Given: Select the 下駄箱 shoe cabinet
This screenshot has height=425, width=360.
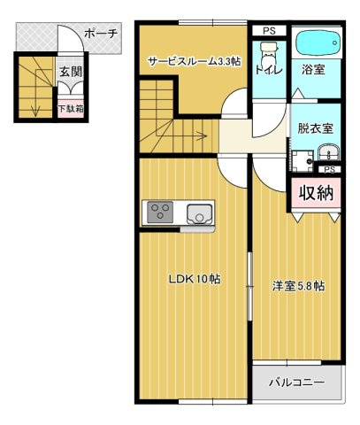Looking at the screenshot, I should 71,109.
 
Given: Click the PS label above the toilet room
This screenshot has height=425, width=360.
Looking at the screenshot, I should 268,30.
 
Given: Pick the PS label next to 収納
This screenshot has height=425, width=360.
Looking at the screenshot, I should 329,168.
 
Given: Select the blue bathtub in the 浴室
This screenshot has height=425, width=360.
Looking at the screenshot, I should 315,43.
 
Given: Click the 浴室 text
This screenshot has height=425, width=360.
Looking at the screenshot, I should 314,69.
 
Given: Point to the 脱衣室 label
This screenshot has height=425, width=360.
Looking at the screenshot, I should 316,127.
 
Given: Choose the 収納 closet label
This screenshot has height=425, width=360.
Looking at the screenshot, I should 315,191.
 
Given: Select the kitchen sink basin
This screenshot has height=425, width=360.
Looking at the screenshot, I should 198,212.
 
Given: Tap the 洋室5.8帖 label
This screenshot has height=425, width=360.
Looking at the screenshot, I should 297,286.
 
